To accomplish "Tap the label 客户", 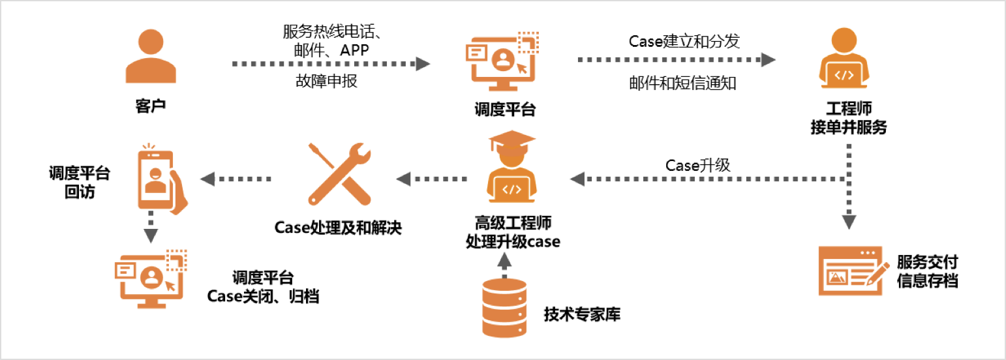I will click(151, 106).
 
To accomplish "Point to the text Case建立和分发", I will click(675, 41).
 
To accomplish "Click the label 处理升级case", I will click(513, 241).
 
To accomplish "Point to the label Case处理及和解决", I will click(338, 228).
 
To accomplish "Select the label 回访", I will click(80, 192).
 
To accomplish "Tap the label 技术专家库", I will click(582, 314).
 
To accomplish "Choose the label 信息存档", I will click(927, 281).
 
